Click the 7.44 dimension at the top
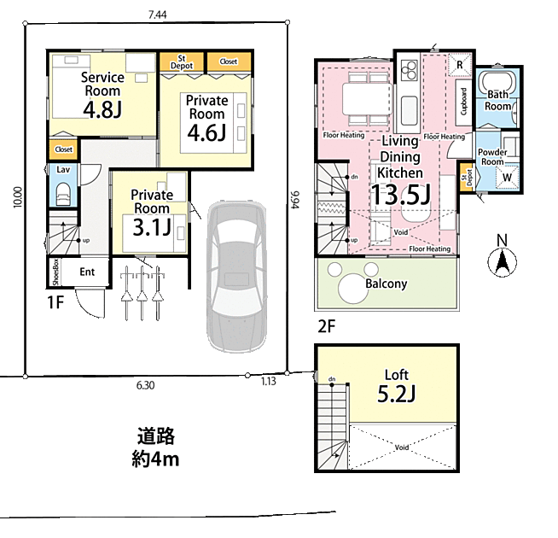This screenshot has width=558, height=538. pos(157,15)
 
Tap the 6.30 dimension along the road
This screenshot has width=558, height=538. pos(146,385)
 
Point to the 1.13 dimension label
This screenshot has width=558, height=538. pos(268,381)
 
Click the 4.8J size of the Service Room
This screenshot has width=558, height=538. pos(102,109)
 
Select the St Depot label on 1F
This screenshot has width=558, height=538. pos(182,62)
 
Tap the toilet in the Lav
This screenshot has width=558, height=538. pos(63,194)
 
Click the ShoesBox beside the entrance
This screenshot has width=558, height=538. pos(55,272)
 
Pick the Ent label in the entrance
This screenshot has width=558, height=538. pos(87,272)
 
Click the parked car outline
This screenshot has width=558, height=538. pos(236,277)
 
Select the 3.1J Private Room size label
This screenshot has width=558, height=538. pos(152,227)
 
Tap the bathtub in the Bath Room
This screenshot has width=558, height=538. pos(497,85)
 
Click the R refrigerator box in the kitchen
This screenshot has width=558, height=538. pos(459,65)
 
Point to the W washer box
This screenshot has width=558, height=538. pos(507,178)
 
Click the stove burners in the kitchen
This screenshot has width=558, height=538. pos(409,70)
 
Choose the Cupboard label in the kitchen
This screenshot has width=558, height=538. pos(463,102)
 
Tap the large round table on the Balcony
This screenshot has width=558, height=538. pos(353,289)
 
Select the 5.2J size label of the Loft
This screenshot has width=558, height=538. pos(396,394)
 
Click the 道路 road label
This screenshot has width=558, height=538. pos(156,436)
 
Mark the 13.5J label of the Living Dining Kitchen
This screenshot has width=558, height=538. pos(400,195)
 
